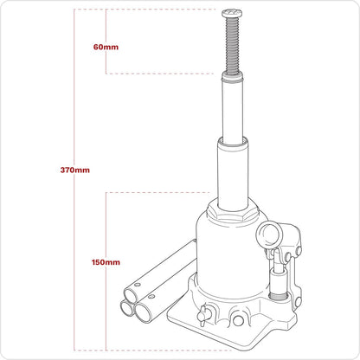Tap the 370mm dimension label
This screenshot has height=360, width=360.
[75, 170]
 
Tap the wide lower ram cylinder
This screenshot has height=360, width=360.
[234, 173]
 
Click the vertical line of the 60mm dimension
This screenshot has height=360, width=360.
[106, 26]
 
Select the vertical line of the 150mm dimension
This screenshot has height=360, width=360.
[106, 216]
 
